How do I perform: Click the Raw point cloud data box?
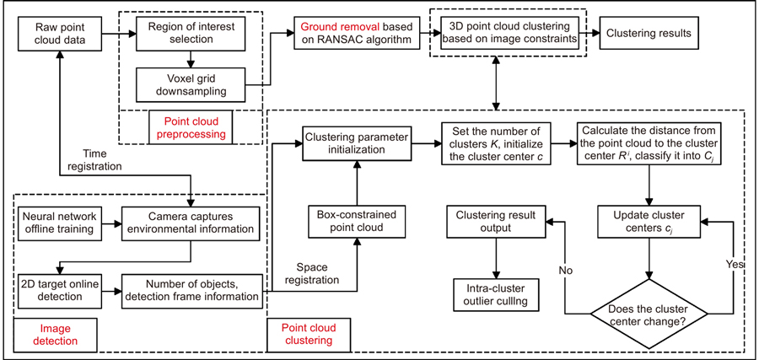pyautogui.click(x=57, y=35)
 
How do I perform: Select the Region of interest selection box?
pyautogui.click(x=192, y=35)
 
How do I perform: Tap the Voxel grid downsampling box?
pyautogui.click(x=192, y=85)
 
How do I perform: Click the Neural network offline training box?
pyautogui.click(x=60, y=223)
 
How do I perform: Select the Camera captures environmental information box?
pyautogui.click(x=193, y=223)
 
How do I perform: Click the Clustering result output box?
pyautogui.click(x=494, y=223)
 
